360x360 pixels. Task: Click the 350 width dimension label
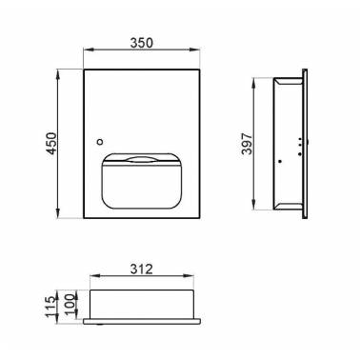[x=141, y=43]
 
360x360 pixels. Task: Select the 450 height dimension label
[x=51, y=143]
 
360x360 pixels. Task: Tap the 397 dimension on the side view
[x=247, y=144]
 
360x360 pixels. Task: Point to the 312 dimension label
[x=141, y=270]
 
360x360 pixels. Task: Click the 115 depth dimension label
[x=51, y=307]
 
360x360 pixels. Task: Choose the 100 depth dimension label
[x=70, y=304]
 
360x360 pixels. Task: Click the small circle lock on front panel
[x=101, y=142]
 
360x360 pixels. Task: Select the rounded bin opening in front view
[x=141, y=181]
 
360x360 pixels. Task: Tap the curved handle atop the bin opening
[x=141, y=159]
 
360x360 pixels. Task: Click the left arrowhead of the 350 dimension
[x=88, y=50]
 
